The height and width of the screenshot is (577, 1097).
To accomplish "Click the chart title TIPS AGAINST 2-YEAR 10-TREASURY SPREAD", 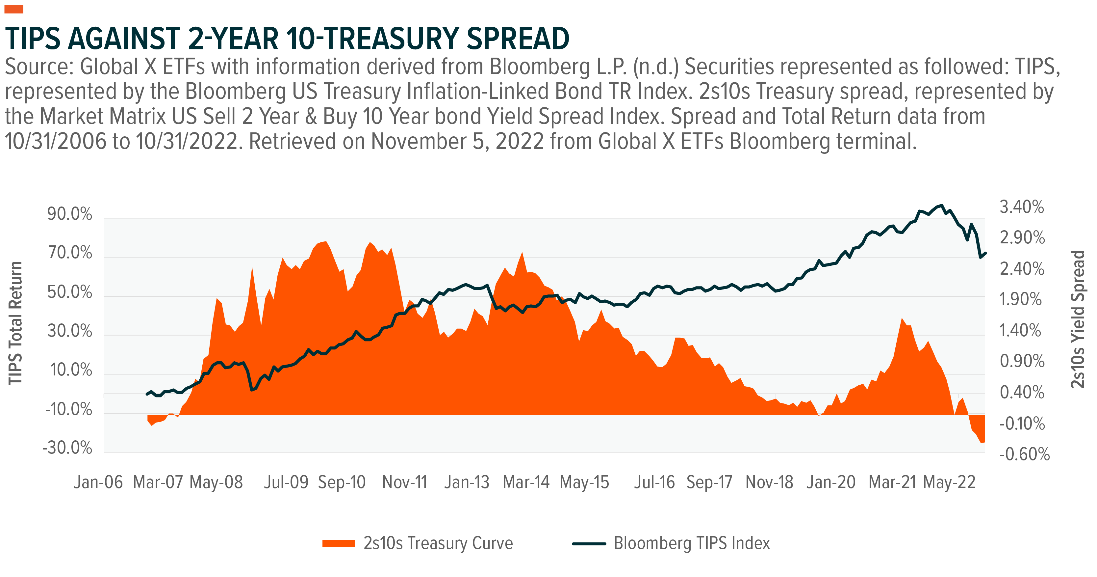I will point(287,39).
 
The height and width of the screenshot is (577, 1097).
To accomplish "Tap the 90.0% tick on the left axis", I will point(70,214).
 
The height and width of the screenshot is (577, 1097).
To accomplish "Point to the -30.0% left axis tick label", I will point(68,448).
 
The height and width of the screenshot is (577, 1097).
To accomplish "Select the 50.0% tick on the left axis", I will point(70,292).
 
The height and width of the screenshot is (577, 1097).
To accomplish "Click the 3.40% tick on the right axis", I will point(1022,207).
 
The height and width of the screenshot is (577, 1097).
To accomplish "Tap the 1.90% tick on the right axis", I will point(1021,300).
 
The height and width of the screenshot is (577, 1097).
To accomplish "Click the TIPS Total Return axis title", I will point(15,323).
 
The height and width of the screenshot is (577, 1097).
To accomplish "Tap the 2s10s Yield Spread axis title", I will point(1078,319).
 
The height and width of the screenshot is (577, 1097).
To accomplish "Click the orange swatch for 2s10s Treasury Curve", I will point(339,543).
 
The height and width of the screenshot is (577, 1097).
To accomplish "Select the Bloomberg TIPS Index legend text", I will point(692,543).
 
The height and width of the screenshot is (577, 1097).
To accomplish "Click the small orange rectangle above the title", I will point(13,9).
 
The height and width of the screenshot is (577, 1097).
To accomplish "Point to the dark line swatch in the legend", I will point(589,543).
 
